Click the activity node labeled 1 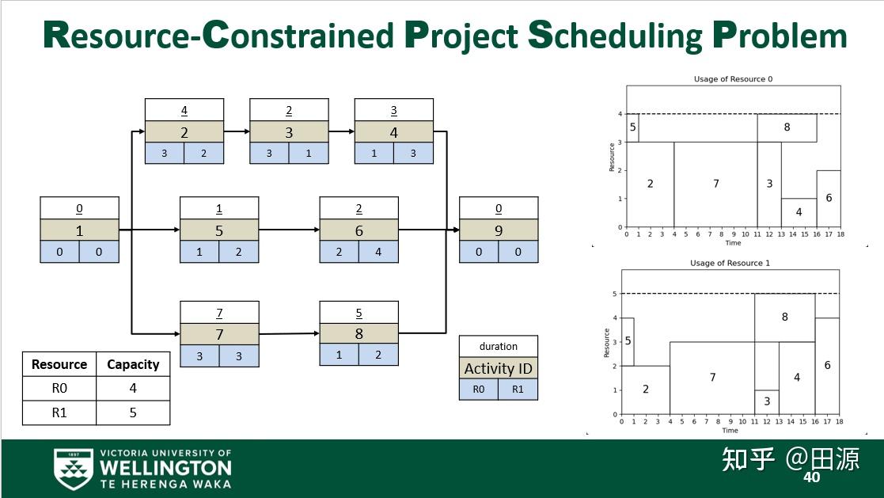click(79, 230)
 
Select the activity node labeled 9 click(499, 230)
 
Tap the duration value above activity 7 click(219, 312)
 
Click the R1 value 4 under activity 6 click(378, 252)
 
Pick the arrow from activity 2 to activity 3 click(237, 131)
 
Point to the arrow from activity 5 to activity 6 click(289, 230)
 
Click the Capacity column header click(133, 364)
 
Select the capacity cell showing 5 click(133, 412)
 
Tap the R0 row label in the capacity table click(59, 389)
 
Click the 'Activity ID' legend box click(499, 368)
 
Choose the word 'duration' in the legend click(499, 346)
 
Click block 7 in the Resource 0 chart click(715, 184)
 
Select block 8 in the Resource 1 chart click(784, 317)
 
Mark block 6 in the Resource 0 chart click(828, 199)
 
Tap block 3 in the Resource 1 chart click(766, 402)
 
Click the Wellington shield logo click(73, 469)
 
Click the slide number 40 click(811, 477)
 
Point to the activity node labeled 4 click(394, 131)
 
